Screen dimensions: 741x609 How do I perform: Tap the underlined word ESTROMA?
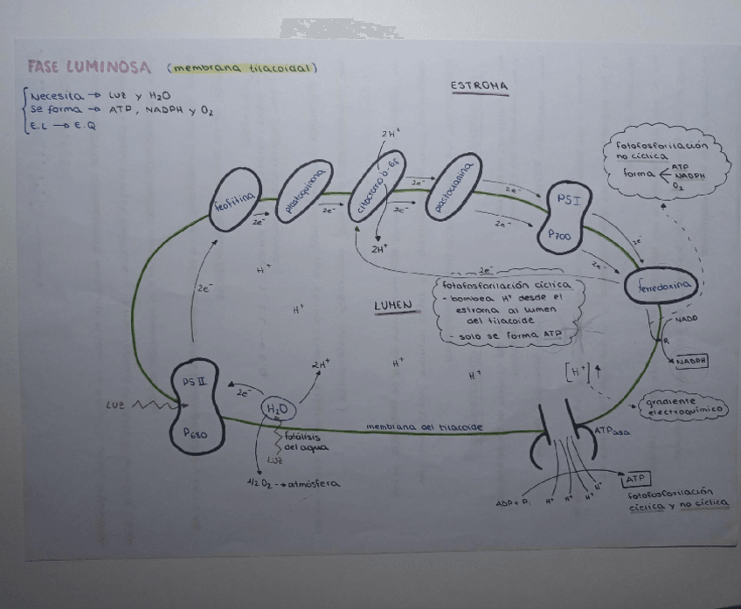[x=479, y=87]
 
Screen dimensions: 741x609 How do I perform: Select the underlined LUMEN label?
[x=392, y=306]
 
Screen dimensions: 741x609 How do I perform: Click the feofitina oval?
[x=235, y=206]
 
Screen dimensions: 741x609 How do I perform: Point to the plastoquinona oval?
[x=304, y=191]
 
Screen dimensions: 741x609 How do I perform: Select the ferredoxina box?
[x=660, y=286]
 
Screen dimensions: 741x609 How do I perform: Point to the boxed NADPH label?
[x=690, y=360]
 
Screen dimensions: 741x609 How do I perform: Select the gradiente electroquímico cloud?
[x=684, y=405]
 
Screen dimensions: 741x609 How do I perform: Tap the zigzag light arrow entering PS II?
[x=152, y=405]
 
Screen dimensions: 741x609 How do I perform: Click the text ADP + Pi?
[x=512, y=503]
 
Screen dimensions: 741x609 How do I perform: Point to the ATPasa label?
[x=612, y=432]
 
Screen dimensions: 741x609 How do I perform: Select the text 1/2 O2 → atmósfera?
[x=294, y=483]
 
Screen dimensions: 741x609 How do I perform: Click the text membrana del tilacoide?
[x=424, y=427]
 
